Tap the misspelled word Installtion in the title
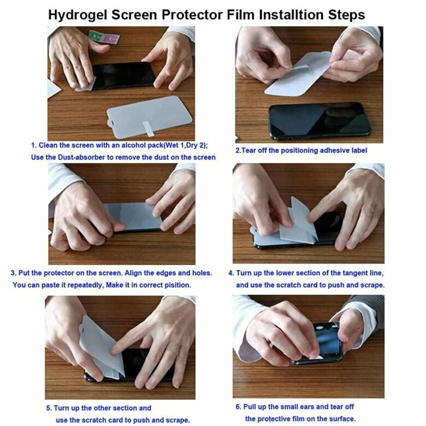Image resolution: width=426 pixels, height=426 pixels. point(292,15)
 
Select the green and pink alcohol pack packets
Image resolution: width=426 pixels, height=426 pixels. point(104,37)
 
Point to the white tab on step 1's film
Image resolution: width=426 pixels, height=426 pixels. point(149,129)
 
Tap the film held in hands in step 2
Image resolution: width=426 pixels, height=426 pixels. point(298,73)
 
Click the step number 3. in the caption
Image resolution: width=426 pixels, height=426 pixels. point(14,273)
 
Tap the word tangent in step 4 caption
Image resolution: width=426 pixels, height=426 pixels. point(348,273)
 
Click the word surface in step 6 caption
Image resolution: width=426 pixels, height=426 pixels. point(342,419)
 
